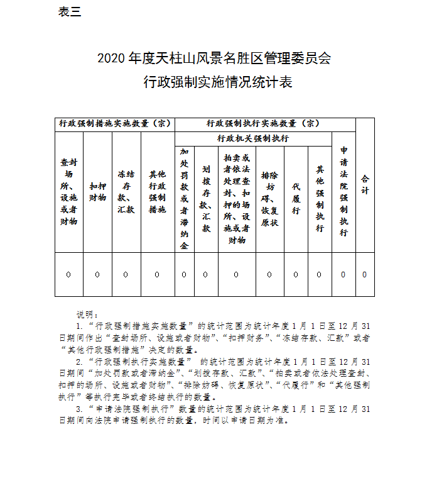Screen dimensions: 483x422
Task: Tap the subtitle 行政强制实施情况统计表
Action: [213, 82]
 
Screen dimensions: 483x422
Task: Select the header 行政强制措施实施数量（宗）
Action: [114, 124]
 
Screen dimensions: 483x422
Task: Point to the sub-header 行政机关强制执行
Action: [253, 138]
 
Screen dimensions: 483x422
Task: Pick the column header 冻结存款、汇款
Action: [126, 192]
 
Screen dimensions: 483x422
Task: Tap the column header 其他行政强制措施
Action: [158, 192]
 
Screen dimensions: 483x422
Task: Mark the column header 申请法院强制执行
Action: [344, 192]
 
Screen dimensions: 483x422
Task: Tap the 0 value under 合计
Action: [365, 274]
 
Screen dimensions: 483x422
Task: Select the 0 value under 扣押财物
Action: [97, 274]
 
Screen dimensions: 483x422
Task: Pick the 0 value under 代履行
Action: [296, 274]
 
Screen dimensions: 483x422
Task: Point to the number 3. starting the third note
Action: [79, 409]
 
